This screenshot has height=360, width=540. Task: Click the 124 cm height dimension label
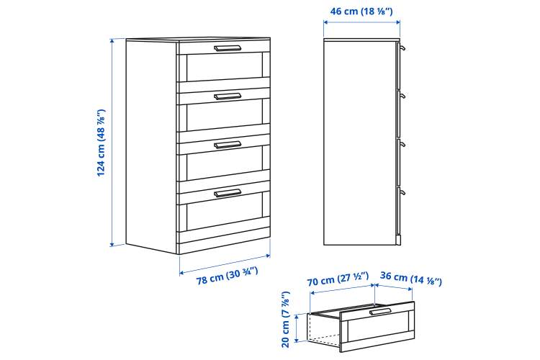pos(102,143)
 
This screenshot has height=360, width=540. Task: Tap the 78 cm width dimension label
pos(228,276)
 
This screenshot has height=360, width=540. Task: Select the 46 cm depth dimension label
pos(361,11)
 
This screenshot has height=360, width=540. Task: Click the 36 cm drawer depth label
pos(411,279)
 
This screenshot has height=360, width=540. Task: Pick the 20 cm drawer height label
pos(286,320)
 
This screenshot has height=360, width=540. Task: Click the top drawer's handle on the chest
pos(228,48)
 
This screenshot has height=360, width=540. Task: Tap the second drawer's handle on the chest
pos(228,96)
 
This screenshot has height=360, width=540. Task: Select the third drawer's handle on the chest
pos(228,145)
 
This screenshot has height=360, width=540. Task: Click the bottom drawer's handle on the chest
pos(228,193)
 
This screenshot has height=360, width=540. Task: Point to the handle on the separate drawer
pos(380,312)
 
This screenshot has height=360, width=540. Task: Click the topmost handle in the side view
pos(402,48)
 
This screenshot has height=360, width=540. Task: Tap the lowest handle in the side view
pos(402,192)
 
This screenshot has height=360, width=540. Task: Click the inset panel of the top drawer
pos(224,67)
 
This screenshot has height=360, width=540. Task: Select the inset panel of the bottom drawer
pos(224,216)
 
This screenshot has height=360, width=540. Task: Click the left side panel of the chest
pos(151,146)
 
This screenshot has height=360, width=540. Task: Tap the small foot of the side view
pos(398,240)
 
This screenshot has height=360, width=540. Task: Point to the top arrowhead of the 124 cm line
pos(112,40)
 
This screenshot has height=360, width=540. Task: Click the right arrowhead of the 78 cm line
pos(268,256)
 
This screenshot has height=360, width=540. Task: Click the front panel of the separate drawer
pos(377,326)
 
